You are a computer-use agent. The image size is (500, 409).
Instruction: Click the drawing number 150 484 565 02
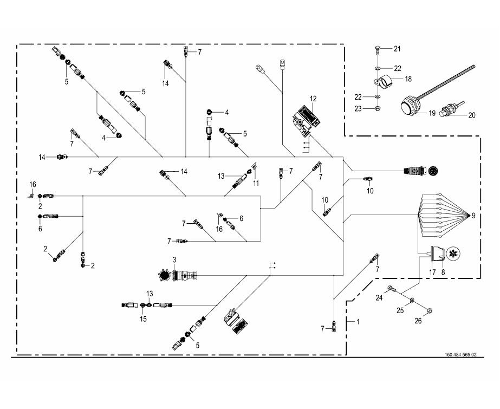coord(460,355)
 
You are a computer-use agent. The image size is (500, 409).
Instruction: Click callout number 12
coord(313,99)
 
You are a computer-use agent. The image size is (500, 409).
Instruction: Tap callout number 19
coord(432,113)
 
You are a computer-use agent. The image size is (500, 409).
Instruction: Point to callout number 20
coord(472,115)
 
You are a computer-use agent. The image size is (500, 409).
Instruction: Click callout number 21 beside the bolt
coord(397,49)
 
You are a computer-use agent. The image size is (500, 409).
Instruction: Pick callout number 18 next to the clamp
coord(408,79)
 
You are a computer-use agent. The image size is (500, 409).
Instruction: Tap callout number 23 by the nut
coord(358,109)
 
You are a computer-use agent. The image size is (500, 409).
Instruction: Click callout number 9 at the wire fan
coord(473,216)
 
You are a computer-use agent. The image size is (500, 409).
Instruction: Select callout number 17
coord(432,272)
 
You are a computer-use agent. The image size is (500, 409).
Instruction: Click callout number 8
coord(443,272)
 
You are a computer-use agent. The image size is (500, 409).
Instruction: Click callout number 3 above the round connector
coord(174,260)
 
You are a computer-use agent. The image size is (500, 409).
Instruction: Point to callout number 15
coord(143,319)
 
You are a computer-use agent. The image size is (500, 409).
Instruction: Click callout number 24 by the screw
coord(379,298)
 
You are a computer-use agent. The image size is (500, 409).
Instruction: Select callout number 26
coord(418,321)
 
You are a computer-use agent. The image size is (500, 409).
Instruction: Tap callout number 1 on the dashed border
coord(358,322)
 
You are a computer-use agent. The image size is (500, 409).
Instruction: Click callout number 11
coord(256,183)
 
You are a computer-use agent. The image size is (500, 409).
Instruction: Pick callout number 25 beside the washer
coord(400,310)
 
